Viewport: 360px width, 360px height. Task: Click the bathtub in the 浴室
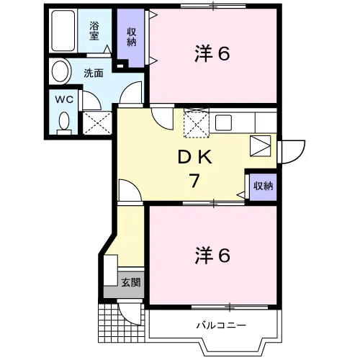pyautogui.click(x=63, y=30)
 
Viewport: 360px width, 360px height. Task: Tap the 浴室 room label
pyautogui.click(x=94, y=31)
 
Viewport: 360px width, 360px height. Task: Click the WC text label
pyautogui.click(x=64, y=99)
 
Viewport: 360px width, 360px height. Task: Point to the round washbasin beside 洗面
pyautogui.click(x=60, y=71)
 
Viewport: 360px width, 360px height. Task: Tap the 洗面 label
pyautogui.click(x=94, y=73)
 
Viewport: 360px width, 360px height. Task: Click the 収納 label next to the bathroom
pyautogui.click(x=131, y=37)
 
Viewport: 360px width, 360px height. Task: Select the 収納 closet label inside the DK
pyautogui.click(x=264, y=186)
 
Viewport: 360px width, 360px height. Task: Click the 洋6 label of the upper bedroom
pyautogui.click(x=212, y=53)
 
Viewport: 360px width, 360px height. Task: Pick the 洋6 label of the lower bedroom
pyautogui.click(x=212, y=256)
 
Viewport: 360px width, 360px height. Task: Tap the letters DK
pyautogui.click(x=195, y=157)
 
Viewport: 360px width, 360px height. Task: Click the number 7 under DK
pyautogui.click(x=194, y=181)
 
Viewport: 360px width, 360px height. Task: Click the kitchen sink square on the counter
pyautogui.click(x=223, y=122)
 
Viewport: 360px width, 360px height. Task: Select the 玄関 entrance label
pyautogui.click(x=130, y=282)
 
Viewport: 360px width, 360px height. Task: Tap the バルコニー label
pyautogui.click(x=221, y=325)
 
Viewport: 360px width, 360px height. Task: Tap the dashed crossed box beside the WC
pyautogui.click(x=97, y=123)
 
